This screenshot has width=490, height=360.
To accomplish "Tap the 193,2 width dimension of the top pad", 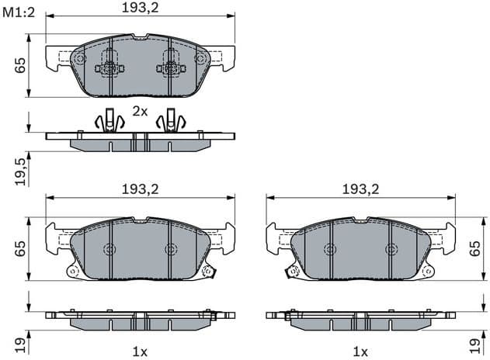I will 140,9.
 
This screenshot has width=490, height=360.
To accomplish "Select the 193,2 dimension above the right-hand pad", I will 361,189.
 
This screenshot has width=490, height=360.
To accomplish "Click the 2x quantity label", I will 140,111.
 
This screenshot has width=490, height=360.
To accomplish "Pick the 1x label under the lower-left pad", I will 140,350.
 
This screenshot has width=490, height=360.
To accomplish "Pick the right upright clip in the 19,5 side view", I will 171,119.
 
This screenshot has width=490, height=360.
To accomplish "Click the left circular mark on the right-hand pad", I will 329,249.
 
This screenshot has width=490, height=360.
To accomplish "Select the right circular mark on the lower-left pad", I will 171,249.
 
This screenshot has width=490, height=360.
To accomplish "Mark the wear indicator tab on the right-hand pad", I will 294,271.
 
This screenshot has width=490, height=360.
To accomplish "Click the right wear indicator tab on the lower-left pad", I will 208,271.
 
